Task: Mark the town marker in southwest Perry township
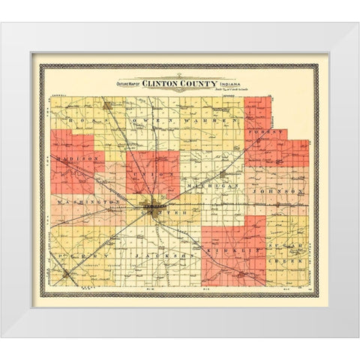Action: point(67,275)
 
